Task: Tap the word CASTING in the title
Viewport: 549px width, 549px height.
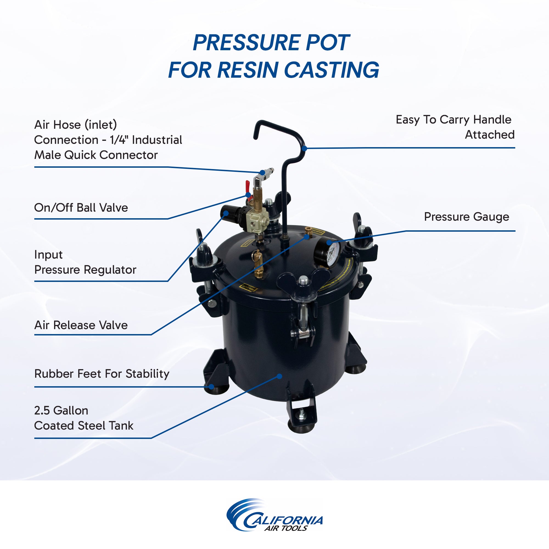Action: coord(331,70)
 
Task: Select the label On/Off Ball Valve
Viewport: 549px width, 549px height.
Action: coord(81,208)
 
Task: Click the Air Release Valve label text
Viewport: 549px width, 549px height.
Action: coord(81,325)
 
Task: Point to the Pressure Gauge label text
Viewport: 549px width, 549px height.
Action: coord(466,217)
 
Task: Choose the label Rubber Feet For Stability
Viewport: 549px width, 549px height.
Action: coord(102,374)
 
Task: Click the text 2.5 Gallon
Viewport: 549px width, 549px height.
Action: coord(61,410)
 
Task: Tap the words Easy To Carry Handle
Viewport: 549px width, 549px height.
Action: coord(453,120)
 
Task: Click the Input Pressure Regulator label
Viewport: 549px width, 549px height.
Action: coord(85,262)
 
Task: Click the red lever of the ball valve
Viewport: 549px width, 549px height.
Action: coord(248,186)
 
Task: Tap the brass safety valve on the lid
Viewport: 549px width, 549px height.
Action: coord(258,263)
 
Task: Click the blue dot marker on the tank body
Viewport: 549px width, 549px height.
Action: coord(279,376)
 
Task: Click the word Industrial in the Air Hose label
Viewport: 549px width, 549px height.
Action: coord(157,140)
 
